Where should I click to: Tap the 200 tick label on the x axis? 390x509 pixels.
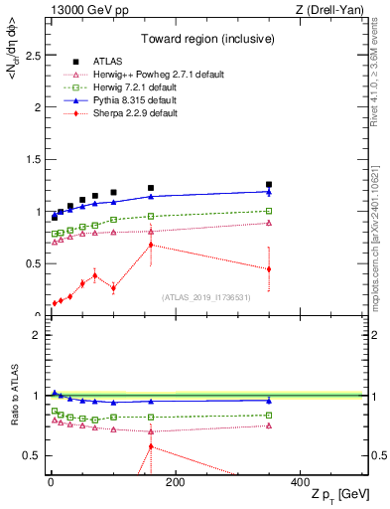coord(175,482)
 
